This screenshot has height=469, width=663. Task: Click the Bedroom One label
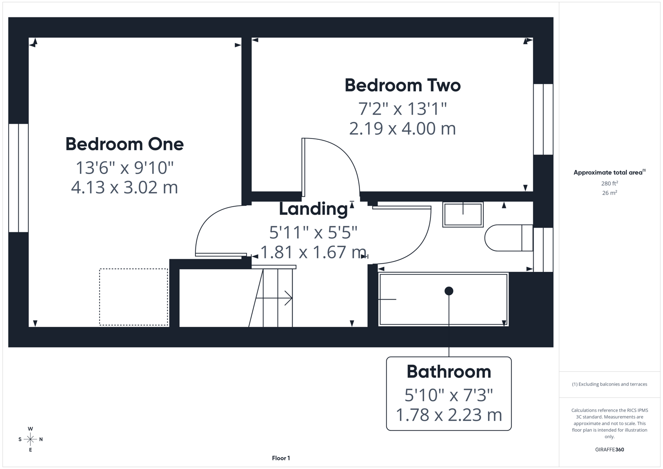tap(124, 144)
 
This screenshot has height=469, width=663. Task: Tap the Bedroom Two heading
tap(402, 85)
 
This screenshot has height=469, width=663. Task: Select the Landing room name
tap(313, 209)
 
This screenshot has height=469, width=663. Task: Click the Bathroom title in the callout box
tap(449, 372)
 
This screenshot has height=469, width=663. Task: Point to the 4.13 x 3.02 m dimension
tap(124, 187)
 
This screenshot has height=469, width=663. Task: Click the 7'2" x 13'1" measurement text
tap(402, 108)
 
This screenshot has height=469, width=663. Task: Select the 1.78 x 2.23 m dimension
tap(449, 415)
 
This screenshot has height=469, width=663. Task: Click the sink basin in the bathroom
tap(463, 215)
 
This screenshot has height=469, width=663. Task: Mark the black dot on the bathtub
tap(449, 291)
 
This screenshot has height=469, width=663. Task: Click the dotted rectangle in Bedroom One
tap(133, 297)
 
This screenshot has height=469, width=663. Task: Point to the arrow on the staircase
tap(278, 298)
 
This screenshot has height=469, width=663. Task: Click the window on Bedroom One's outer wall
tap(18, 178)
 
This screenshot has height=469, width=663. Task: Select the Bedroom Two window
tap(543, 119)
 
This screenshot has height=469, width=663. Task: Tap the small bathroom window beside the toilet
tap(543, 250)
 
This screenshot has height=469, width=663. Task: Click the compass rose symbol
tap(30, 439)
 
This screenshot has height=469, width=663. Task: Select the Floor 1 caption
tap(281, 458)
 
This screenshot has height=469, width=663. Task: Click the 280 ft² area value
tap(609, 184)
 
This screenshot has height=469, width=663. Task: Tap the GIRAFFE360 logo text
tap(609, 449)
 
